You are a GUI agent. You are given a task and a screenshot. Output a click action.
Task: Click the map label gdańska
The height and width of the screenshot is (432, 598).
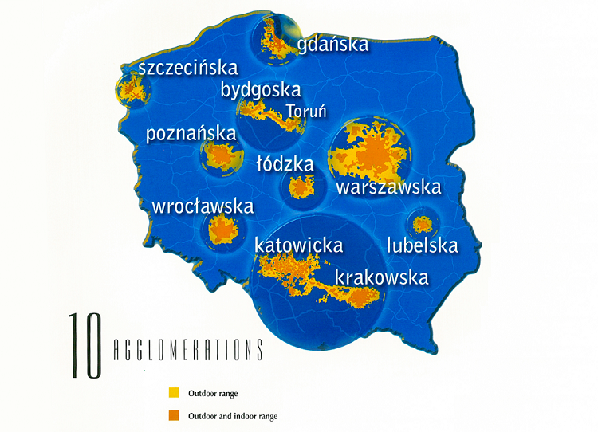(x=333, y=44)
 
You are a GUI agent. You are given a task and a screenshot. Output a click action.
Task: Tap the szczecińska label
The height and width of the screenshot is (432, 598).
(x=187, y=69)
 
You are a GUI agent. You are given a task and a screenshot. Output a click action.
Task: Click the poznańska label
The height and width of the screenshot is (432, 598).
(x=191, y=133)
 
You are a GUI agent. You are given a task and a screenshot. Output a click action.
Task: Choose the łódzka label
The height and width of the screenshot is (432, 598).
(x=285, y=164)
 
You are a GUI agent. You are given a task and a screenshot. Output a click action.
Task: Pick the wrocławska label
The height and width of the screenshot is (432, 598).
(x=203, y=206)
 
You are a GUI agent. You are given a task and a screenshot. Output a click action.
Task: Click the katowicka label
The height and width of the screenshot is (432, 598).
(x=298, y=245)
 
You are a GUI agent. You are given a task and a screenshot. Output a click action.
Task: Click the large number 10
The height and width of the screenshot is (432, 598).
(x=85, y=346)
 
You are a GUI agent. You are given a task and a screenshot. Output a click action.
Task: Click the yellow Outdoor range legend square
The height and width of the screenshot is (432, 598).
(x=173, y=393)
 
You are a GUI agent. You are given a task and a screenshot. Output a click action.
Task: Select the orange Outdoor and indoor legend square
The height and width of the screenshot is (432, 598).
(x=173, y=415)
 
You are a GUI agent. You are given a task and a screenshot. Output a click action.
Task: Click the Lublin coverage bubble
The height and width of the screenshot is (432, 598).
(x=420, y=221)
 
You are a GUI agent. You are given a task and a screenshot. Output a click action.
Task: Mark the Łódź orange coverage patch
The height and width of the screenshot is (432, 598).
(x=301, y=187)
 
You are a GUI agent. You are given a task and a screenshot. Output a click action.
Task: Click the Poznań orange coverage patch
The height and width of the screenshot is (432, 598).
(x=218, y=156)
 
